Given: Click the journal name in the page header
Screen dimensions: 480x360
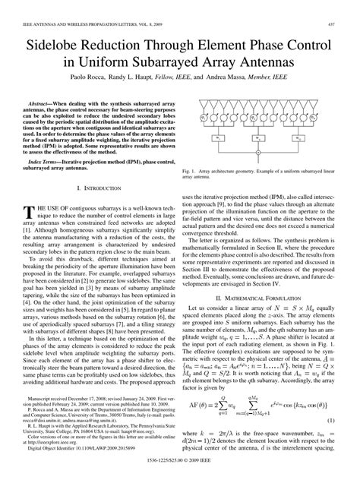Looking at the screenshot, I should pyautogui.click(x=84, y=6).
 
